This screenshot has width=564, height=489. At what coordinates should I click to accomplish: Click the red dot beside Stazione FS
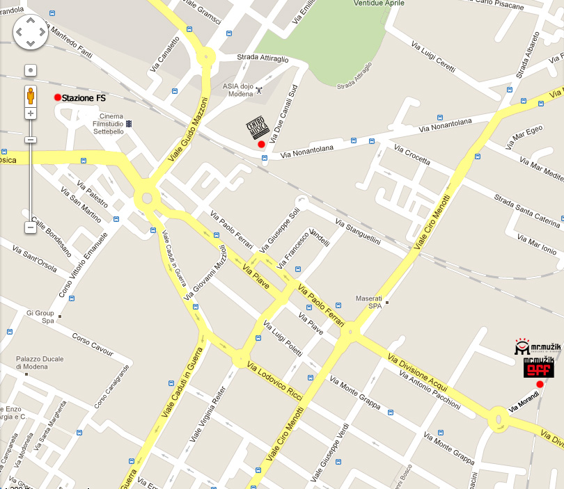coord(58,97)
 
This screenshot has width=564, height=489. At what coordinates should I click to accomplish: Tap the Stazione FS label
coord(84,98)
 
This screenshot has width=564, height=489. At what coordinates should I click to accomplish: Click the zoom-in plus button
coord(31,113)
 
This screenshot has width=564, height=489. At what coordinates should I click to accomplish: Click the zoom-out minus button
coord(31,227)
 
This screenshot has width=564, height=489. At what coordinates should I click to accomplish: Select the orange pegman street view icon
coord(31,95)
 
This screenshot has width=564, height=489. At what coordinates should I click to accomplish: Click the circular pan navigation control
coord(30,32)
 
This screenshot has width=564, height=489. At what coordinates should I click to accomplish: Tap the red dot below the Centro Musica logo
coord(261,144)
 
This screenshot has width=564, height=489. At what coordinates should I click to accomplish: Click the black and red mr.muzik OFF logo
coord(539,367)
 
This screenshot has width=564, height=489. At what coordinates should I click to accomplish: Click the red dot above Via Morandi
coord(540,384)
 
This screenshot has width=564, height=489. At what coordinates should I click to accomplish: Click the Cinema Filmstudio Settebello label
coord(111,125)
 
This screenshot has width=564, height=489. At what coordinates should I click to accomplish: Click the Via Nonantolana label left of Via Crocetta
coord(307,150)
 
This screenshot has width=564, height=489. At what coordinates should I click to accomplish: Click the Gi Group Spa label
coord(40,316)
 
